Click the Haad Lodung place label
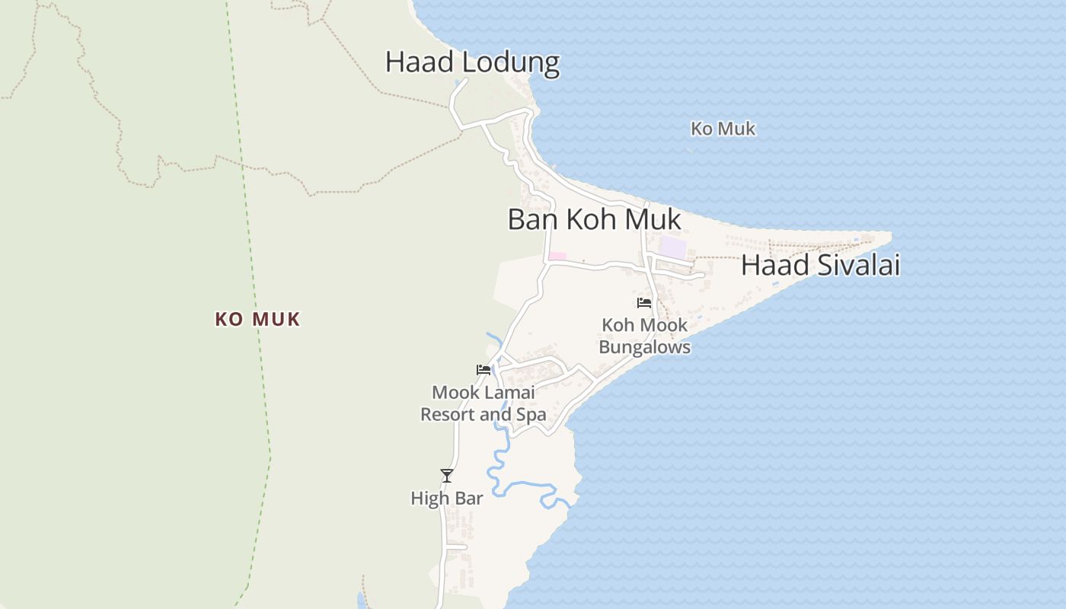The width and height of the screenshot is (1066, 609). pos(472,62)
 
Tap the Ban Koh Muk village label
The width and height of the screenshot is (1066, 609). pos(594,220)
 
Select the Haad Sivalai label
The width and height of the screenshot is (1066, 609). pos(820,266)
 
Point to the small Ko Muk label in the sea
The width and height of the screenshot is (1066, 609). pos(723,129)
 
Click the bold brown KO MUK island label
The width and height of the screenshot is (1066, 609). pos(257,320)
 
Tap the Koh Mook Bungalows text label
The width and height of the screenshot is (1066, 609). pos(644,336)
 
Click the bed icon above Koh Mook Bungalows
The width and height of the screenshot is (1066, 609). pos(644,303)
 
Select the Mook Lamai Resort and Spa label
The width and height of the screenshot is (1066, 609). pos(484,403)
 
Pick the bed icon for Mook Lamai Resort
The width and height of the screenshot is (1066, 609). pos(484,370)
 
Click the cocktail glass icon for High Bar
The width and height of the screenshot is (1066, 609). pos(447,476)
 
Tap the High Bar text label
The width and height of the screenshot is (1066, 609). pos(447,499)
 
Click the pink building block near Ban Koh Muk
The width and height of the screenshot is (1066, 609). pos(557,256)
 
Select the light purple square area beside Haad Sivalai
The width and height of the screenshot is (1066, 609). pos(672,247)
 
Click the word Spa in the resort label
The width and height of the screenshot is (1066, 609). pos(531,415)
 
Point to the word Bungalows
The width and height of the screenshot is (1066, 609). pos(644,347)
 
